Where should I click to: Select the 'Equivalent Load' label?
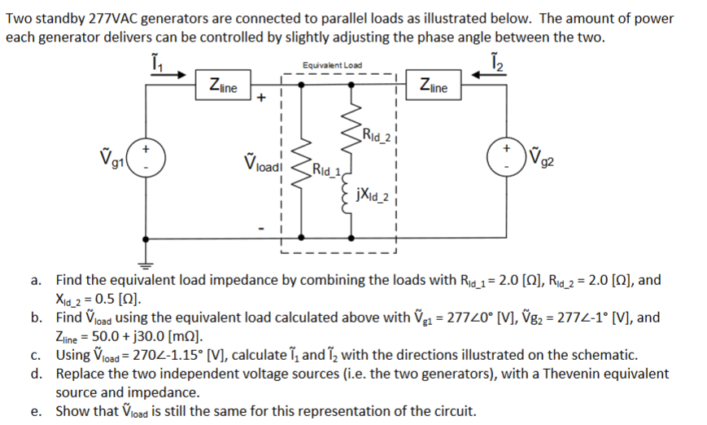point(332,65)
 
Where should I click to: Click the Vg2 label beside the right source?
point(543,156)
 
